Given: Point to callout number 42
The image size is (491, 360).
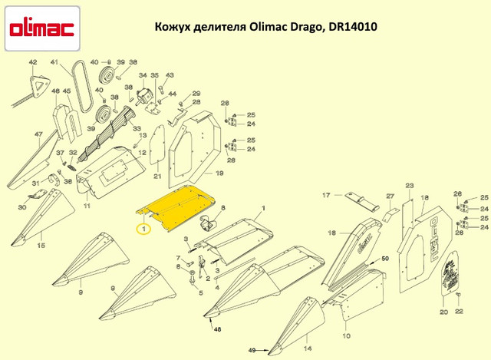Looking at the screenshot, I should tap(32, 62).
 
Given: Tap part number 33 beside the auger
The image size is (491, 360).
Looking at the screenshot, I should tap(137, 130).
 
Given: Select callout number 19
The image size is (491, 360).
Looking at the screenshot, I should tap(219, 174).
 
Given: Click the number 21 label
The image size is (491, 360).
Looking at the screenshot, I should tap(157, 177).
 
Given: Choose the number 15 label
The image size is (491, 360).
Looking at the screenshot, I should tap(41, 245).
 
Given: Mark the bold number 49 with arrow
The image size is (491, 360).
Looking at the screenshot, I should tap(251, 351).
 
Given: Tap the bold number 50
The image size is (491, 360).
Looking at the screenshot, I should tap(385, 259).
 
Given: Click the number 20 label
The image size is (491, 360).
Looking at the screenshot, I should tap(443, 312).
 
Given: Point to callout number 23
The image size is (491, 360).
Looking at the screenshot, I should tap(409, 185).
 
